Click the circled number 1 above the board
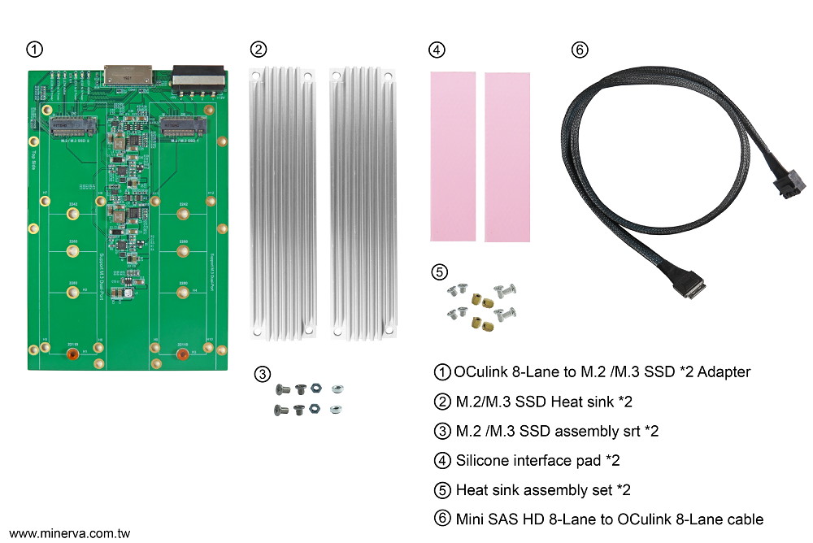pos(34,50)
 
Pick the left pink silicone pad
pos(453,155)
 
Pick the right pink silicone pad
pos(506,156)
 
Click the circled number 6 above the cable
pos(579,50)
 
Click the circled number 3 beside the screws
pos(262,374)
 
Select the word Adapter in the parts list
pos(721,372)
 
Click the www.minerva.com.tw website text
pos(69,534)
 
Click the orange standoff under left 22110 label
pos(72,354)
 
